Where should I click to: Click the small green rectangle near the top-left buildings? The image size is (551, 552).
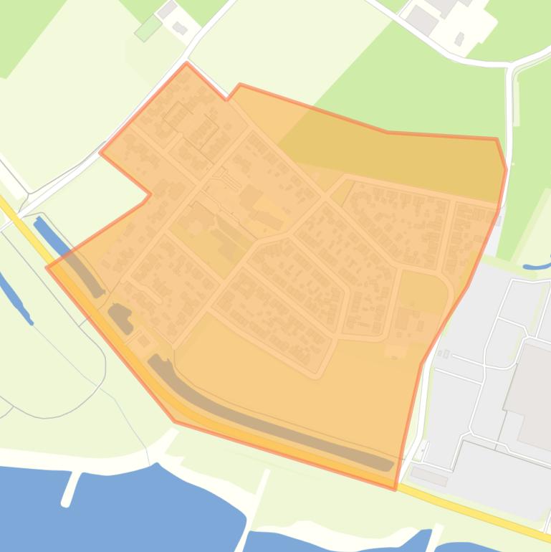[148, 28]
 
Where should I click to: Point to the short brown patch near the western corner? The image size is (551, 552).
[120, 298]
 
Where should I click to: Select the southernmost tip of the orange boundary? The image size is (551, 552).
[395, 490]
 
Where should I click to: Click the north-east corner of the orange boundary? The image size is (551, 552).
[497, 138]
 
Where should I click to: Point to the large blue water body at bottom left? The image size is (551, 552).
[122, 509]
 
